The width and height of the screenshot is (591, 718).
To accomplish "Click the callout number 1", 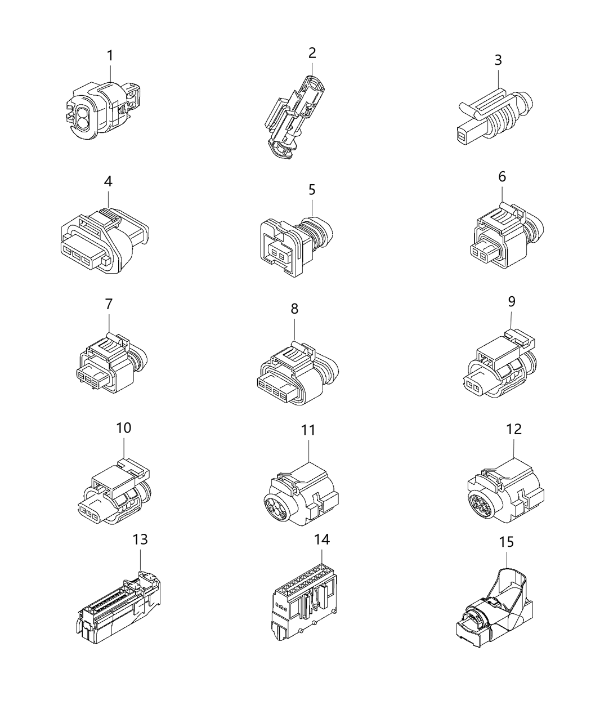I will [x=110, y=56].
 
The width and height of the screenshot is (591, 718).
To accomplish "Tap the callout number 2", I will [x=312, y=53].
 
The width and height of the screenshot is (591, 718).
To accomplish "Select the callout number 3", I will [x=498, y=60].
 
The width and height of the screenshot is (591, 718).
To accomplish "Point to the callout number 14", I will [x=323, y=539].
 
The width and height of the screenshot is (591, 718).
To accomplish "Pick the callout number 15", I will [x=506, y=542].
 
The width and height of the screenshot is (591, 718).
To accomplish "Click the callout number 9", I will [x=511, y=301].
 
